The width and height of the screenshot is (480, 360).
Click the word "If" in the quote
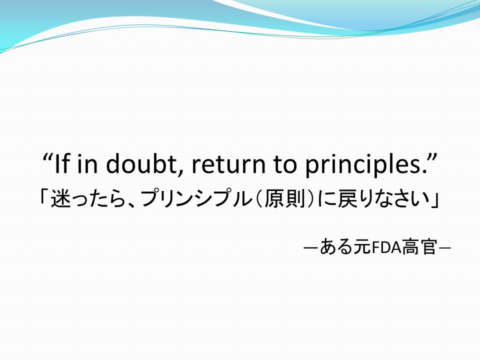(62, 164)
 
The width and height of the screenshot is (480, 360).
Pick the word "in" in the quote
(87, 164)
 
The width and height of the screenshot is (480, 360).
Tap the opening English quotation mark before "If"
(47, 157)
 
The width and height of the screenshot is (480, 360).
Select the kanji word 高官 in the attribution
(419, 246)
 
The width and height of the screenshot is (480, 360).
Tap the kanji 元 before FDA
(362, 246)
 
